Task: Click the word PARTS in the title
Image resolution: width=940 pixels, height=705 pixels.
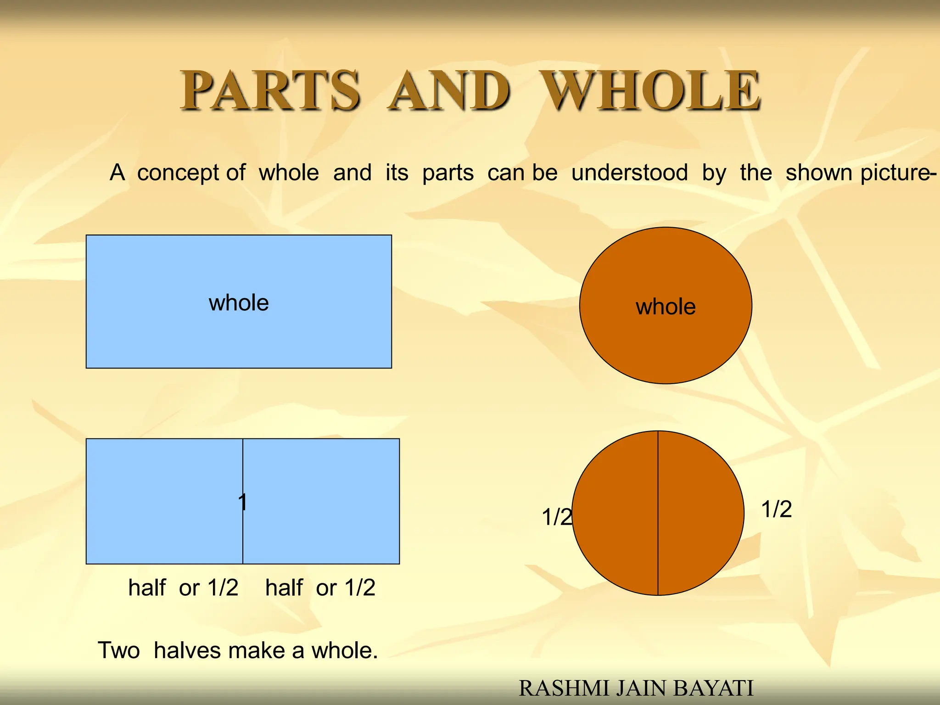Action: (270, 90)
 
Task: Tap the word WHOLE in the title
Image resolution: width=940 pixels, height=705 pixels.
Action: (650, 90)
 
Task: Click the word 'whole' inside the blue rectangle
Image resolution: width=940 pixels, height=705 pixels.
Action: (239, 303)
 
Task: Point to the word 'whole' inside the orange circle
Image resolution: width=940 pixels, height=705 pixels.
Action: (666, 307)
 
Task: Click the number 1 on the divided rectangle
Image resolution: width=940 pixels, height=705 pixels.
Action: (243, 502)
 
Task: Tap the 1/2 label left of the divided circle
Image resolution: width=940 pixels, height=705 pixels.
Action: (557, 517)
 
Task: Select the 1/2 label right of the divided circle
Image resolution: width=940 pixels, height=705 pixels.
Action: (777, 509)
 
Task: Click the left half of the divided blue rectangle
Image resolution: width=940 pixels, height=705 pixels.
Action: (164, 501)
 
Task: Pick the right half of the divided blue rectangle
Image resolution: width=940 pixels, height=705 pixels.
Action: (321, 501)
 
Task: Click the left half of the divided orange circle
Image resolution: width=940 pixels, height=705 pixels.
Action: (615, 513)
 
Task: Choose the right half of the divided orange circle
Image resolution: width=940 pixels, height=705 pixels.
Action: (701, 513)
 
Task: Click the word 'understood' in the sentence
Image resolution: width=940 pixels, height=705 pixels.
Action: (630, 173)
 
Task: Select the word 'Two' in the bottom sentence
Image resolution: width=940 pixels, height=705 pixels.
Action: (119, 650)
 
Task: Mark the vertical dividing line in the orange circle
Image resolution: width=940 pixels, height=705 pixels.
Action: (658, 551)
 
